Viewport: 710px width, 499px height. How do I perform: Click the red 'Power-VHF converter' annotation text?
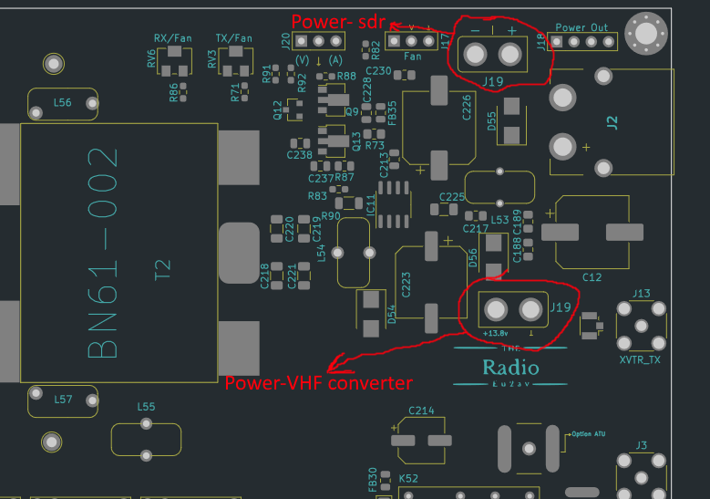318,383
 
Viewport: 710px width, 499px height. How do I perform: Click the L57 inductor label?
63,400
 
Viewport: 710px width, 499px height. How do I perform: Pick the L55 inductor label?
145,407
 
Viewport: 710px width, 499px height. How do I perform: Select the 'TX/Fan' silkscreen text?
234,38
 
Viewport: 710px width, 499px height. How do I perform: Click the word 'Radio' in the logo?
509,369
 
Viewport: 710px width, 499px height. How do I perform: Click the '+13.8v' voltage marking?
496,333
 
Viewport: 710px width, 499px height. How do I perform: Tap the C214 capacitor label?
421,411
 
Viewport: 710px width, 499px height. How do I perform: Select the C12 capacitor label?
592,276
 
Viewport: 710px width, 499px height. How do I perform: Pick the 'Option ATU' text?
589,433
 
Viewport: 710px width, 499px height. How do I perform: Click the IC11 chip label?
370,203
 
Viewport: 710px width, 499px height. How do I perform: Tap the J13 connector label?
642,293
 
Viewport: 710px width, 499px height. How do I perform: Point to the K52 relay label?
410,477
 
